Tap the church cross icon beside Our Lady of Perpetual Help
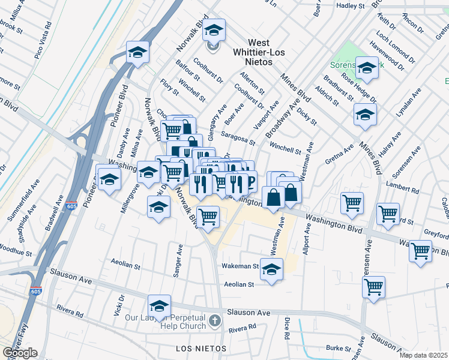coord(215,323)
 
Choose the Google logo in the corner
coord(20,353)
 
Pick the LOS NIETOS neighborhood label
coord(200,349)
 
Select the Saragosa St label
coord(238,138)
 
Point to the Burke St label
coord(338,348)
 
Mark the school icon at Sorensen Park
coord(366,70)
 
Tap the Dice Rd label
coord(287,329)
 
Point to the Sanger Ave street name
coord(178,260)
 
